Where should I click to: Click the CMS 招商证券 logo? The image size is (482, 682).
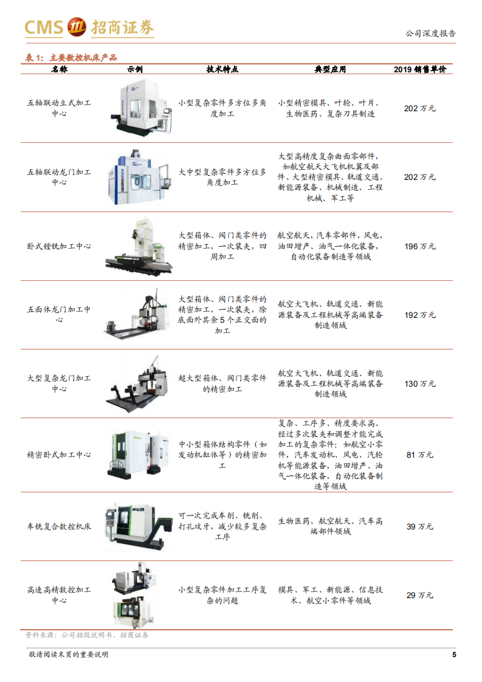click(89, 27)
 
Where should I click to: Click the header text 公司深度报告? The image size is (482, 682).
click(430, 34)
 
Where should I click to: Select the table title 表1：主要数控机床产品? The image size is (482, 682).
click(71, 58)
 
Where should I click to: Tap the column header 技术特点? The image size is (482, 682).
click(222, 69)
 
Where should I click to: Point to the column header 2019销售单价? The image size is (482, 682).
click(419, 69)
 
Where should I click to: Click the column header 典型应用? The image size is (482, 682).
click(330, 69)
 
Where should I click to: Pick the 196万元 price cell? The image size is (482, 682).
click(419, 246)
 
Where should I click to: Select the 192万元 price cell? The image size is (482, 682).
click(419, 315)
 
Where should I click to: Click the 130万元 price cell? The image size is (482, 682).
click(419, 384)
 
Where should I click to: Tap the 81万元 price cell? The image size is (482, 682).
click(419, 455)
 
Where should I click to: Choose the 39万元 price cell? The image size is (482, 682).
click(419, 526)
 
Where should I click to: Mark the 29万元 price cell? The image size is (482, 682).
click(419, 595)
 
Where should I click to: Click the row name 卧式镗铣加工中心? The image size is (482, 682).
click(59, 246)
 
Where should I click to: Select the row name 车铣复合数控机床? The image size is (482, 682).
click(59, 526)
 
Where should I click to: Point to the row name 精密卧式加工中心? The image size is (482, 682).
click(59, 455)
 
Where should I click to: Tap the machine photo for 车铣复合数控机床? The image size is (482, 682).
click(139, 525)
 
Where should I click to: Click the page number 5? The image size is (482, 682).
click(454, 655)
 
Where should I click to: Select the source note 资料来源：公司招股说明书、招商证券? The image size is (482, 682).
click(87, 635)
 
